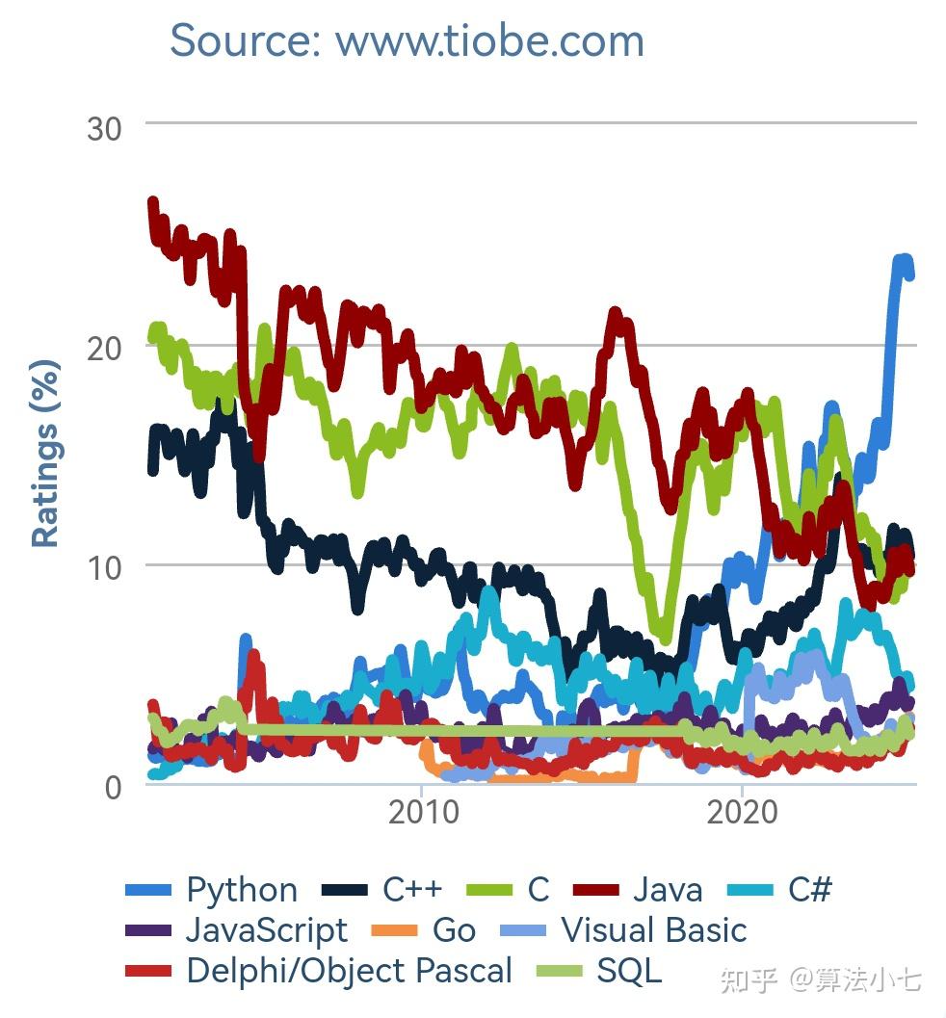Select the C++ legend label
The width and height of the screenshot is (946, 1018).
click(x=412, y=889)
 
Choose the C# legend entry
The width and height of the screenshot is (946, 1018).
click(x=809, y=889)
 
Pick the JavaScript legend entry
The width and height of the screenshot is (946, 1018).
click(x=266, y=930)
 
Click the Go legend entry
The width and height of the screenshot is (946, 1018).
click(x=454, y=930)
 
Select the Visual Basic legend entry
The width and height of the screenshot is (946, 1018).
click(x=653, y=930)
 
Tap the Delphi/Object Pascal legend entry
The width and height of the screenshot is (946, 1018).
click(x=349, y=971)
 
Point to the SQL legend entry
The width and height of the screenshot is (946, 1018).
click(x=629, y=971)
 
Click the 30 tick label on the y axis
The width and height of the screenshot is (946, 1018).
click(x=104, y=129)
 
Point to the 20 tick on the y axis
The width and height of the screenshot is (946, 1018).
click(x=104, y=348)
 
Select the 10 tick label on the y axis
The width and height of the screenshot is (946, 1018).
click(x=104, y=566)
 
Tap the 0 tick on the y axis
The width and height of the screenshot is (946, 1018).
click(x=114, y=787)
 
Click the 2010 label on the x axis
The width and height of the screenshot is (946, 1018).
click(x=422, y=814)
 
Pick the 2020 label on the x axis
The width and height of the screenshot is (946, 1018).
click(x=742, y=814)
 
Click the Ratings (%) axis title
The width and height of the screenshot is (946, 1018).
click(x=46, y=453)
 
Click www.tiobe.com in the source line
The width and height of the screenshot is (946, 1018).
click(x=489, y=41)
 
